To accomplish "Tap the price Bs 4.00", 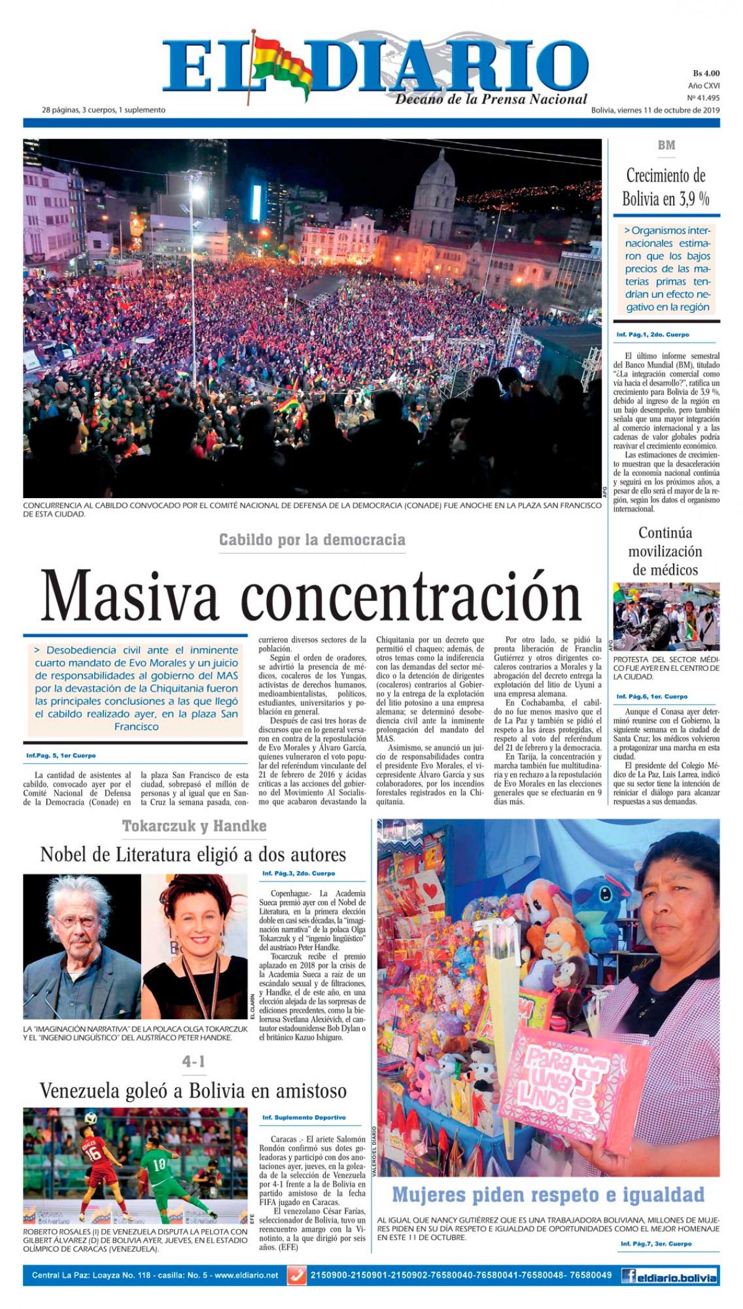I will [706, 74].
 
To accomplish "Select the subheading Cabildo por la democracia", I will [312, 540].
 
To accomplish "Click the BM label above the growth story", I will [666, 146].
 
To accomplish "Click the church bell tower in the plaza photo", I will [436, 192].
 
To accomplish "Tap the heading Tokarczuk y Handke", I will [194, 826].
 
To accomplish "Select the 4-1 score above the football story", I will [194, 1062].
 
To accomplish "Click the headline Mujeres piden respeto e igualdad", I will [548, 1194].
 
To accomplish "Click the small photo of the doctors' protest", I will [666, 616].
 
